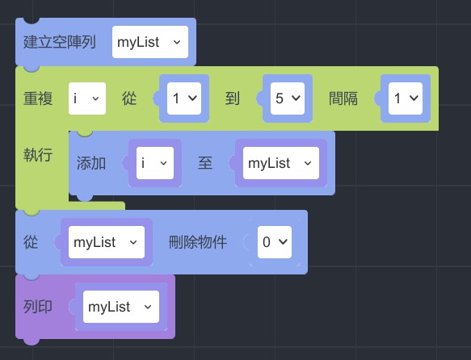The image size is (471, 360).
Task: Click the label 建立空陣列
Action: [x=60, y=42]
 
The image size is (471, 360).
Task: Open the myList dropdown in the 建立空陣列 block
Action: [x=150, y=42]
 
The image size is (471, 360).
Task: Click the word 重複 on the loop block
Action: [x=38, y=98]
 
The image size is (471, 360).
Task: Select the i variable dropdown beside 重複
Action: [x=87, y=98]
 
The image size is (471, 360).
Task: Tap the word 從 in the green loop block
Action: [x=129, y=98]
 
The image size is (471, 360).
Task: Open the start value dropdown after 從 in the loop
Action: [x=184, y=98]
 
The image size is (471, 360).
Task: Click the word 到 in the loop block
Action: [x=233, y=98]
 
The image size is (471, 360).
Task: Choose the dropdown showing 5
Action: [x=288, y=98]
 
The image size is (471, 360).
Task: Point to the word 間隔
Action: [x=343, y=98]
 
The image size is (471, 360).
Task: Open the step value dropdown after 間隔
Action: [x=406, y=98]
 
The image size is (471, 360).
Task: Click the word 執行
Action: [x=38, y=155]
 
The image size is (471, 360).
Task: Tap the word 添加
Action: [x=91, y=163]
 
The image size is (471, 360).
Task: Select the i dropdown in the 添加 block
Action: [x=155, y=163]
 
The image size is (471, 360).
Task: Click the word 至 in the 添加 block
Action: [x=205, y=163]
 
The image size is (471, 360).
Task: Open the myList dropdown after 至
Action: [x=281, y=163]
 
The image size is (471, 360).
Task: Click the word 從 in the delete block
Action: [x=31, y=242]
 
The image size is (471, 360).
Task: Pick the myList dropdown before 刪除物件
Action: [x=107, y=242]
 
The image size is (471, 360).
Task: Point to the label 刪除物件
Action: [x=198, y=242]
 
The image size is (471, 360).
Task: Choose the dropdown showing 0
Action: [x=275, y=242]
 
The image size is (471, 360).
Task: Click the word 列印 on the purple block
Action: [x=38, y=307]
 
